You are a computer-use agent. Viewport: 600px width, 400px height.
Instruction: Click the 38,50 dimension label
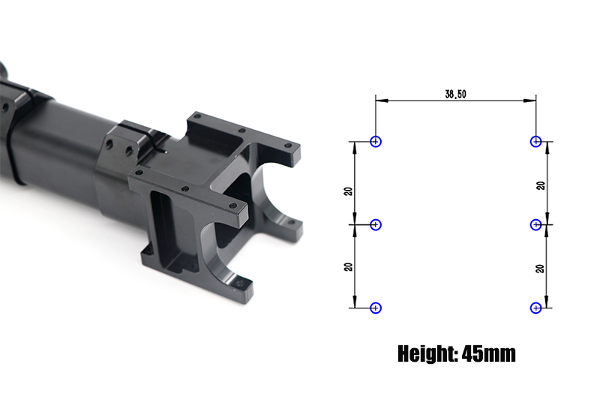tap(455, 94)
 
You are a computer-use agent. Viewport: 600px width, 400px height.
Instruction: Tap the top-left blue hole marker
tap(376, 142)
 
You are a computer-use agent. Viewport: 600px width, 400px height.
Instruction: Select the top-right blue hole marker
tap(535, 142)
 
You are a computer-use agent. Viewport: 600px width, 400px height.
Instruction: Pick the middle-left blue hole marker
tap(376, 224)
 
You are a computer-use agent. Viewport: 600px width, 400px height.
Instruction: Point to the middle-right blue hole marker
tap(535, 224)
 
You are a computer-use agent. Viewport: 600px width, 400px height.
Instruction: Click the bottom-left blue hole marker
tap(376, 308)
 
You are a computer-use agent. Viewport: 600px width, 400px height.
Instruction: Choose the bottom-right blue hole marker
tap(535, 308)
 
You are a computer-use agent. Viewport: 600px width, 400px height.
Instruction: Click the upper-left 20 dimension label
tap(348, 191)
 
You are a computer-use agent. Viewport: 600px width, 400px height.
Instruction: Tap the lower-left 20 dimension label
tap(348, 267)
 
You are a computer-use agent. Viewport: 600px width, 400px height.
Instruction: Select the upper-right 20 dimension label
tap(541, 185)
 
